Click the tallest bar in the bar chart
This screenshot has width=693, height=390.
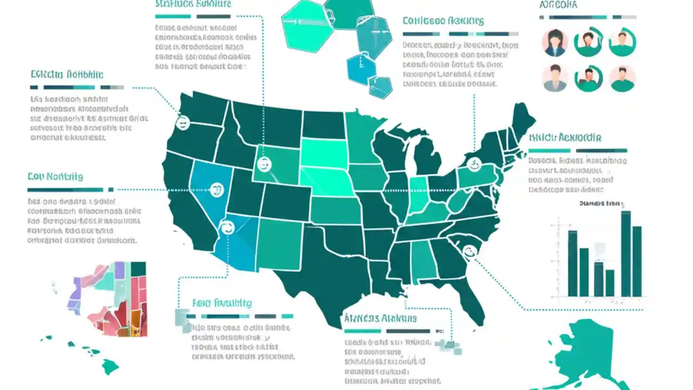pyautogui.click(x=625, y=253)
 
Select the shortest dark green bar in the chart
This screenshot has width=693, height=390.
pyautogui.click(x=610, y=283)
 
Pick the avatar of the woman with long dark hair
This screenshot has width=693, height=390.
pyautogui.click(x=554, y=42)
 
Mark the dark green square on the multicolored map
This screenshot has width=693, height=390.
pyautogui.click(x=138, y=269)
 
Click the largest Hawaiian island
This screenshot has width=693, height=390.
pyautogui.click(x=110, y=367)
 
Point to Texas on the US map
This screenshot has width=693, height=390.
pyautogui.click(x=325, y=271)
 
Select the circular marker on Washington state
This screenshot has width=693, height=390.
pyautogui.click(x=183, y=123)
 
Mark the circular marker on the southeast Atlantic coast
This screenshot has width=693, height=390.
pyautogui.click(x=469, y=251)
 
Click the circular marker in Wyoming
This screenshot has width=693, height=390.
pyautogui.click(x=265, y=164)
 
